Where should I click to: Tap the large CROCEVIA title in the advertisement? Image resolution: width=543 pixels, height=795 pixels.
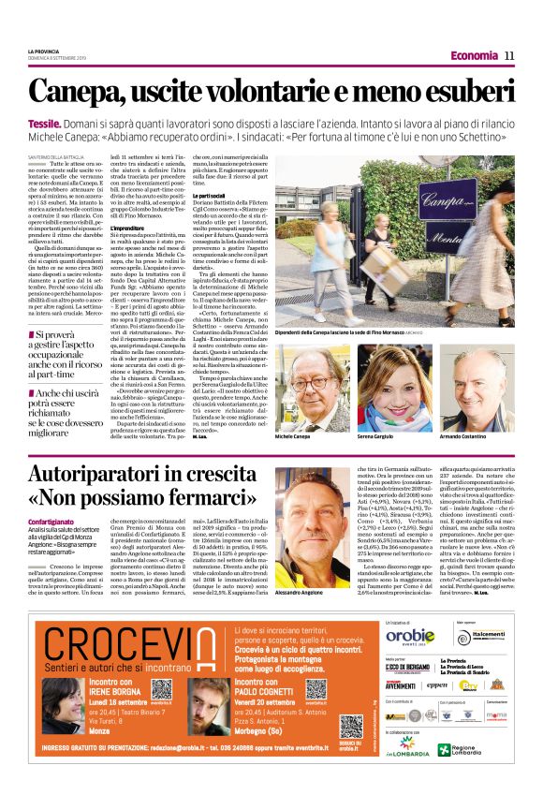[132, 645]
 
